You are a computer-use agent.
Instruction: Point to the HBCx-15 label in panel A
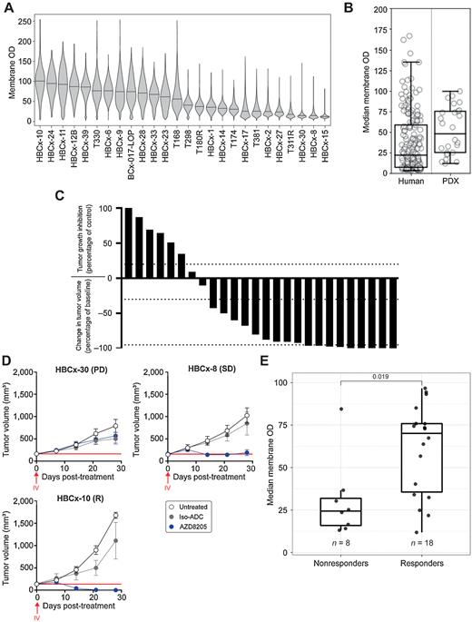click(324, 143)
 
